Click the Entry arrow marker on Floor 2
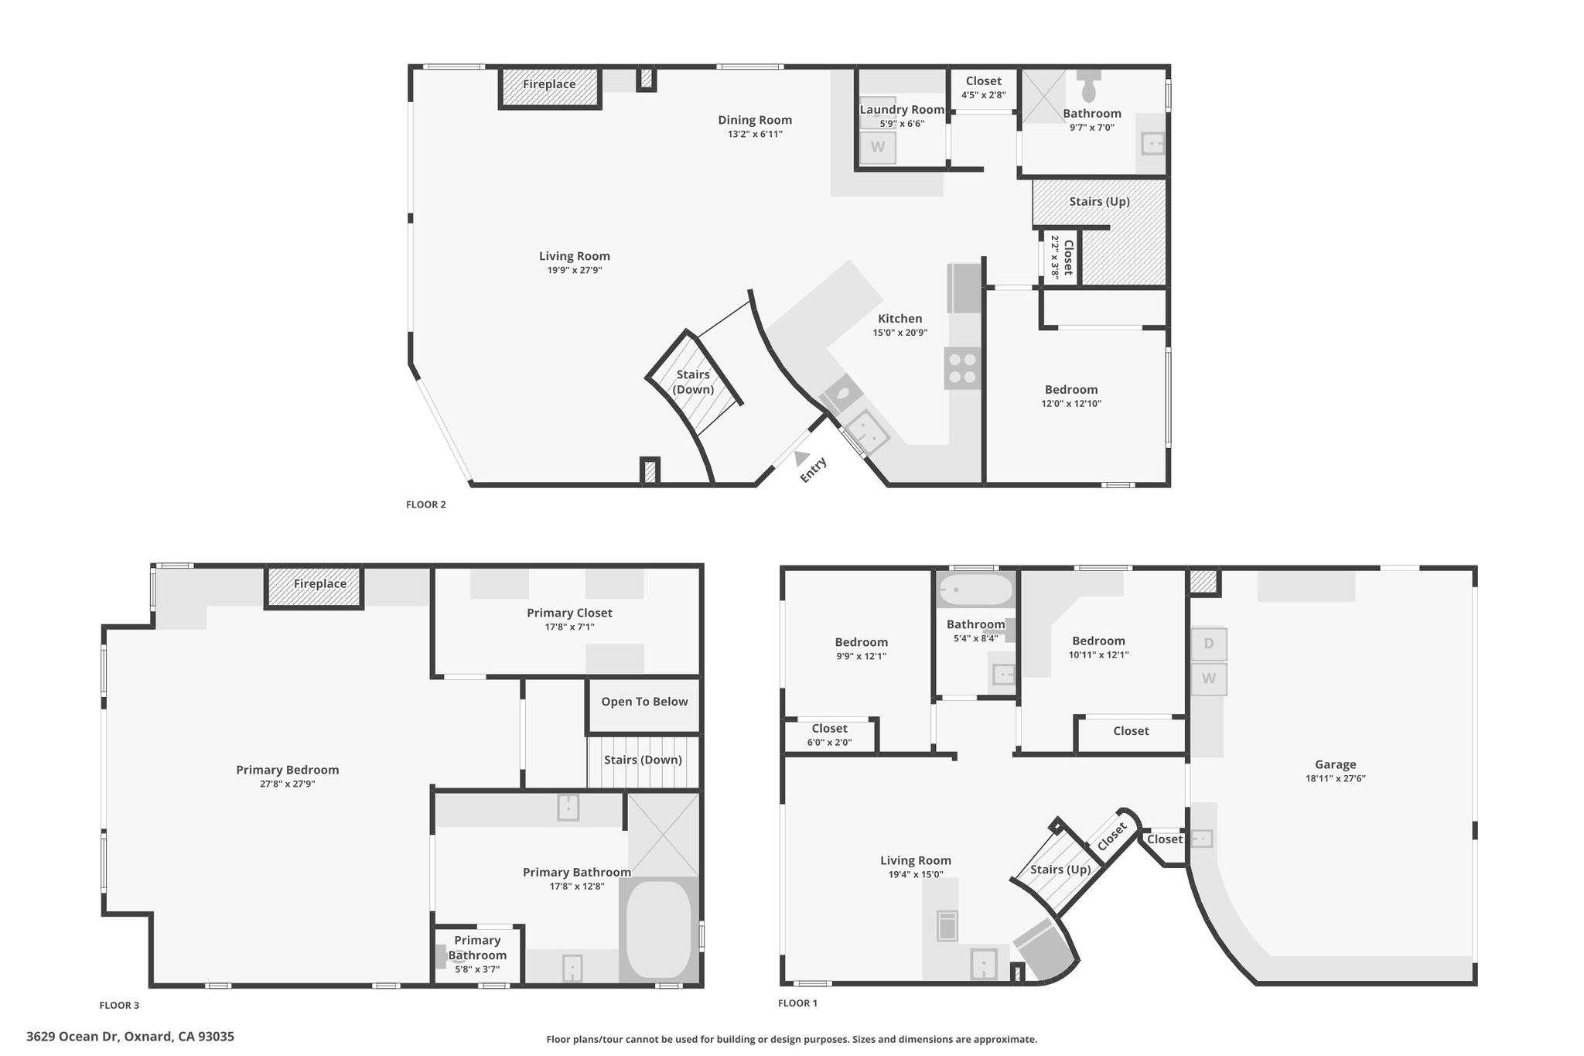[x=802, y=458]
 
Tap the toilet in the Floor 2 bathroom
[x=1088, y=87]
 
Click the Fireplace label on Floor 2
[x=549, y=84]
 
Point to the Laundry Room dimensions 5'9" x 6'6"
[x=902, y=124]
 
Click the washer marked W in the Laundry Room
[x=877, y=147]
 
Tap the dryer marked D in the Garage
[x=1209, y=644]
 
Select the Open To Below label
[x=644, y=702]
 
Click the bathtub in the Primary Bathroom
[x=658, y=928]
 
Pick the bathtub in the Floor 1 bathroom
[x=975, y=590]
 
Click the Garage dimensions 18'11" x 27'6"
[x=1335, y=779]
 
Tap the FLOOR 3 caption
[x=119, y=1006]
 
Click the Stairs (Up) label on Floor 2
[x=1099, y=202]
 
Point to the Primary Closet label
[x=569, y=613]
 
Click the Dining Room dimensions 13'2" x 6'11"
[x=755, y=134]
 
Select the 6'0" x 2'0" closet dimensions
[x=829, y=743]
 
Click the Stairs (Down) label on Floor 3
[x=643, y=760]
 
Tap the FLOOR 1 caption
[x=797, y=1003]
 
